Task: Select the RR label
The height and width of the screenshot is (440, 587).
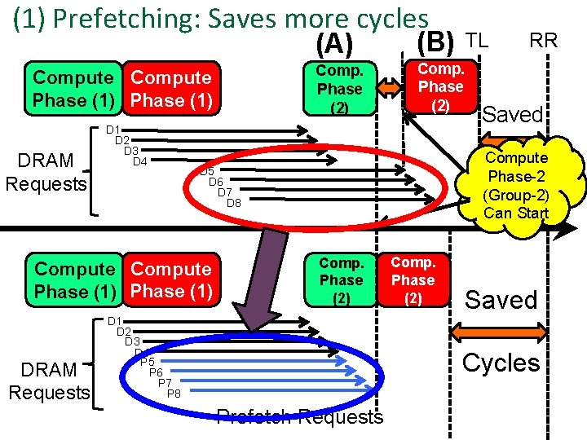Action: click(543, 39)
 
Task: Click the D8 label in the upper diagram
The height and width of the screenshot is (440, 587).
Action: click(233, 202)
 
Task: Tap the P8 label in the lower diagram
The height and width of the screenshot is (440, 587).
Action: click(174, 394)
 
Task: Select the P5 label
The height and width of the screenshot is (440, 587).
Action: click(148, 361)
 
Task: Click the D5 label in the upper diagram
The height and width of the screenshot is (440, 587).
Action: click(207, 171)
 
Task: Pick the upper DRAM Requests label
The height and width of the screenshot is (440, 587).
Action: click(46, 171)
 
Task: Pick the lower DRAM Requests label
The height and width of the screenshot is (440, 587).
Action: click(48, 381)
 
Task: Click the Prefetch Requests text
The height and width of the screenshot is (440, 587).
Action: click(299, 417)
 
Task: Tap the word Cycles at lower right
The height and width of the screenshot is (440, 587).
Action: click(501, 363)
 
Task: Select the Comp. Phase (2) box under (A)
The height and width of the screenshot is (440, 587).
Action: click(340, 89)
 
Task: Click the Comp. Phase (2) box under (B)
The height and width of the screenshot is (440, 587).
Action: click(440, 86)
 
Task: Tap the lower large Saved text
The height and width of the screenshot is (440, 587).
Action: click(501, 300)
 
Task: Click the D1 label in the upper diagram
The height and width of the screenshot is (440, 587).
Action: click(113, 130)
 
